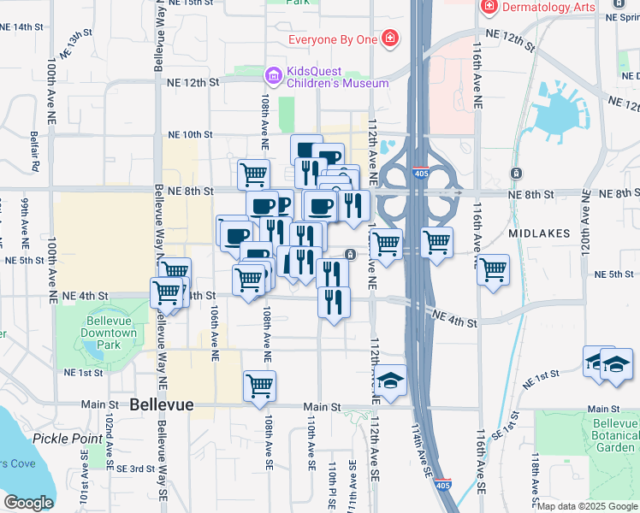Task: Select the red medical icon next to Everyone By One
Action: click(x=390, y=38)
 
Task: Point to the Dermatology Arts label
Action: click(x=548, y=7)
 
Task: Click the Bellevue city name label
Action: click(x=162, y=404)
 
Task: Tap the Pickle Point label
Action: click(x=68, y=439)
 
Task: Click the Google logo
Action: click(x=28, y=503)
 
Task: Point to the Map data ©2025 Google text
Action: click(x=587, y=506)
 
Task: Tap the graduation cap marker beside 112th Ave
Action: click(x=390, y=381)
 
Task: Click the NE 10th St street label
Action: click(x=190, y=134)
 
